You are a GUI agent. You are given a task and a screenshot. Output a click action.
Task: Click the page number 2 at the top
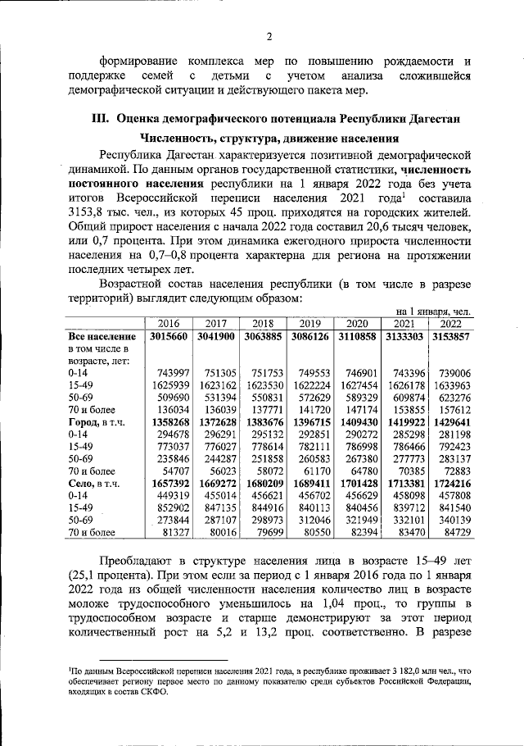pos(267,35)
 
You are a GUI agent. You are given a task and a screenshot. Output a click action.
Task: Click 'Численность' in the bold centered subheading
pos(175,139)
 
